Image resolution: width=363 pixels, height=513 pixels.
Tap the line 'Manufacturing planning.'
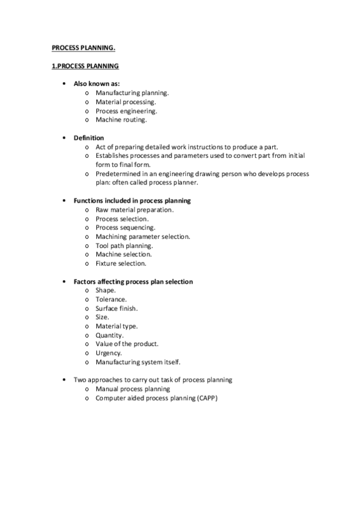[x=132, y=93]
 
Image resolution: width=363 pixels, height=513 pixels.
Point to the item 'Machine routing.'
[x=121, y=120]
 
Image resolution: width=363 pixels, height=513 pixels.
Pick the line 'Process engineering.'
[x=127, y=111]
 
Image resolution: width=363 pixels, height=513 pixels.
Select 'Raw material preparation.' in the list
[x=135, y=209]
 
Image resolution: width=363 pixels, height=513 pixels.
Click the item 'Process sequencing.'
[x=125, y=227]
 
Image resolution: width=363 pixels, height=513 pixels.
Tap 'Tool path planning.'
[x=124, y=246]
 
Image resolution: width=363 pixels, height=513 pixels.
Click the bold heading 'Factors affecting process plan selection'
[x=133, y=281]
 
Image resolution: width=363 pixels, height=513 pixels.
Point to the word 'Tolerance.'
[x=111, y=299]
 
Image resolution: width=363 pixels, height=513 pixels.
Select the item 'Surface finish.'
[x=116, y=309]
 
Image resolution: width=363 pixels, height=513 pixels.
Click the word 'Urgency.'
[x=108, y=353]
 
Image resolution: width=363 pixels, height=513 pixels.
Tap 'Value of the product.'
[x=127, y=344]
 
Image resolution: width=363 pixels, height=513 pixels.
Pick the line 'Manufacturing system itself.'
[x=138, y=362]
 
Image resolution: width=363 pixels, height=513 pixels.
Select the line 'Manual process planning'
[x=133, y=389]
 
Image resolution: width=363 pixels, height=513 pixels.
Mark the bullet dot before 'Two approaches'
[x=64, y=380]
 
